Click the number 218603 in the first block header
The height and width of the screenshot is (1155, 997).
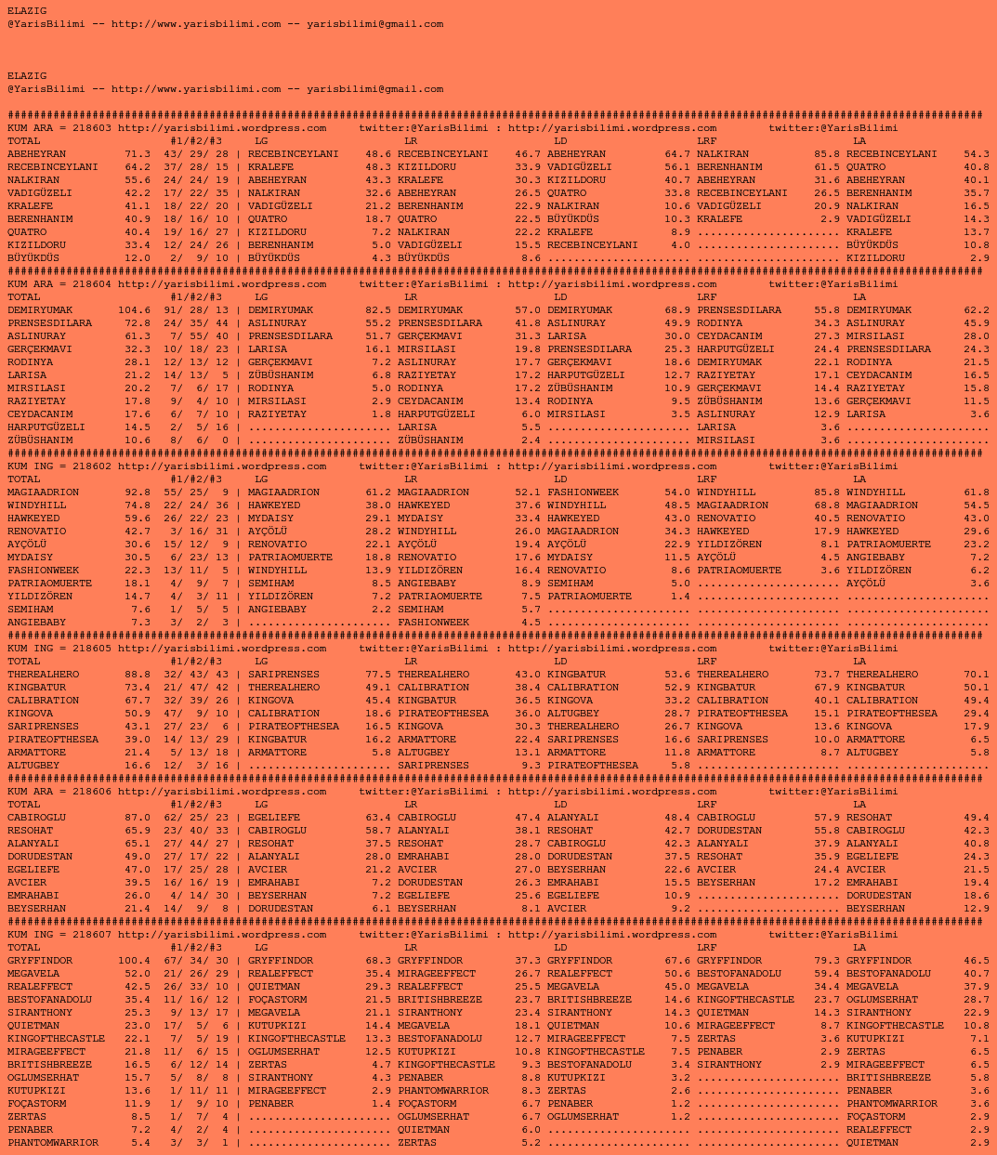click(92, 128)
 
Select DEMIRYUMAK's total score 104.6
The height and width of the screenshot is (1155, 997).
click(134, 310)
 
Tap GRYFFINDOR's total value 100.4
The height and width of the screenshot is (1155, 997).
click(134, 961)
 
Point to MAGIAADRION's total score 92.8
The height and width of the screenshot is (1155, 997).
click(137, 492)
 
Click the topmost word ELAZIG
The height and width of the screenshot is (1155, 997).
click(27, 11)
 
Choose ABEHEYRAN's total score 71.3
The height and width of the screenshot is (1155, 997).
click(137, 154)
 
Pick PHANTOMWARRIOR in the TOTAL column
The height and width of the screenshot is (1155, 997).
click(53, 1143)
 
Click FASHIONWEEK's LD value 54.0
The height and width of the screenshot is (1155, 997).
click(677, 492)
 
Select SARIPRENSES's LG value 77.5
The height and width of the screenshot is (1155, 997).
click(378, 675)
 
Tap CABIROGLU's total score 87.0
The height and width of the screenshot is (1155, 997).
click(137, 818)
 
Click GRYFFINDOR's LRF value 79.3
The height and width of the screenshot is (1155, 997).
click(827, 961)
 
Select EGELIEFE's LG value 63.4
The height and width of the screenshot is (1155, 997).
click(378, 818)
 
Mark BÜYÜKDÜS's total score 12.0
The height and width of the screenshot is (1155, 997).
click(137, 258)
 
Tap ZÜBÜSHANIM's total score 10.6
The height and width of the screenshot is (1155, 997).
click(137, 440)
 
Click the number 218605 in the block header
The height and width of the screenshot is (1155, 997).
click(92, 649)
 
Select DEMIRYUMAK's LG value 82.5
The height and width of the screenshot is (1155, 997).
click(378, 310)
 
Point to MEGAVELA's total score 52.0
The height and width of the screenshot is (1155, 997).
click(137, 974)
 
